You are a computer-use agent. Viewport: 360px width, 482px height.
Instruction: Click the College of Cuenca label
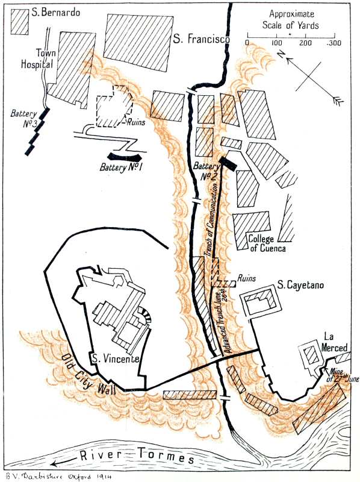[x=267, y=243]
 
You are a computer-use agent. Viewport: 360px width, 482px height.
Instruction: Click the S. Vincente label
[x=115, y=358]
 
